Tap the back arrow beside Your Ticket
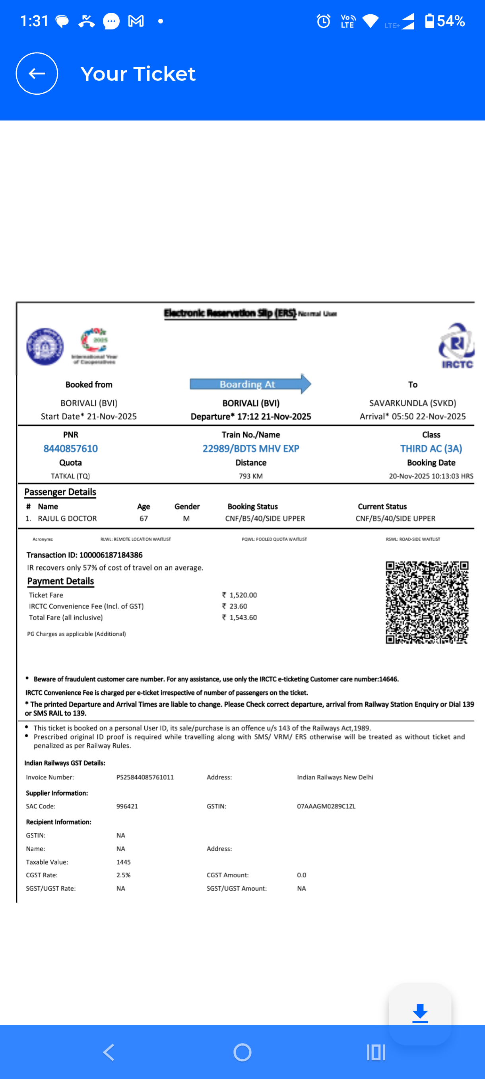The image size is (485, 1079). coord(37,74)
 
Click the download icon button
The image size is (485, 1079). coord(420,1014)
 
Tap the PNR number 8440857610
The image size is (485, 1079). coord(70,449)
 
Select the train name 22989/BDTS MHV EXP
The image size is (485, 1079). coord(251,449)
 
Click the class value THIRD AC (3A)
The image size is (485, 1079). coord(431,449)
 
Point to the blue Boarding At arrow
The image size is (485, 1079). coord(250,384)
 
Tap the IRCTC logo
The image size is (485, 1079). coord(456,346)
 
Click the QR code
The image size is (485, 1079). coord(427,602)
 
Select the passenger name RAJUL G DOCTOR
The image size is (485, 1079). coord(67,518)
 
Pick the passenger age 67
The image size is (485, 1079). coord(144,518)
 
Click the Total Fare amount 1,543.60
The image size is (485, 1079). coord(243,617)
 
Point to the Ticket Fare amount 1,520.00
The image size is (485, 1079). coord(243,595)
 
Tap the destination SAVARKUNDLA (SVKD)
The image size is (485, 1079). coord(412,403)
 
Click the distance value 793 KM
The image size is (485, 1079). coord(251,476)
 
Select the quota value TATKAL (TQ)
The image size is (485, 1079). coord(70,476)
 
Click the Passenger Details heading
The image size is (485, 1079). coord(60,492)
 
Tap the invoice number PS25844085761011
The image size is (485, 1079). coord(145,777)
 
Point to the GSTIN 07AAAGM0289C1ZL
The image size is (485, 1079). coord(326,806)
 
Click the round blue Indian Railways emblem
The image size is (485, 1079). coord(45,347)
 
